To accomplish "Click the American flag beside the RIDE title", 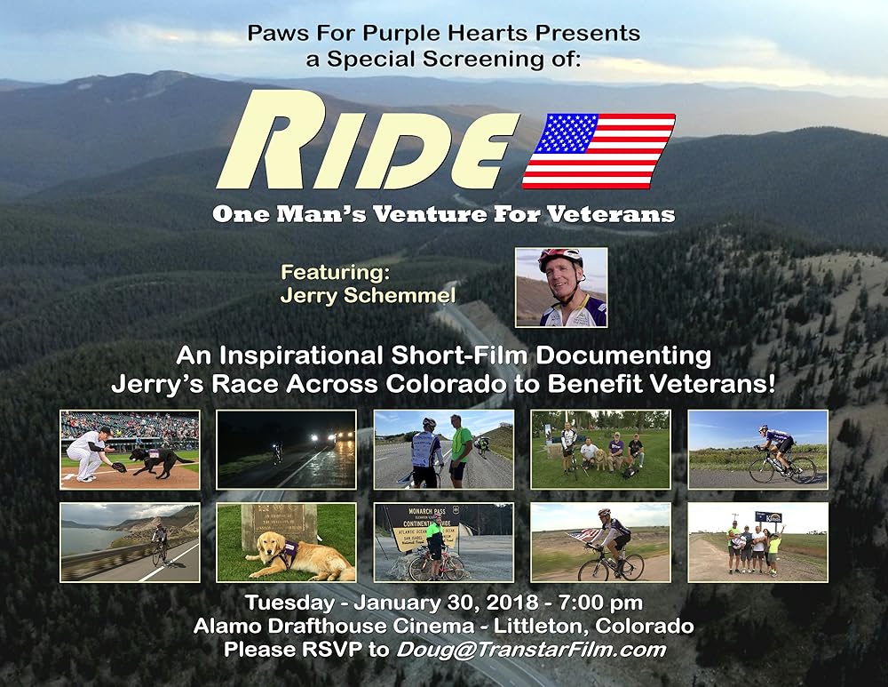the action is point(599,151).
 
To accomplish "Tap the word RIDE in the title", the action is point(369,140).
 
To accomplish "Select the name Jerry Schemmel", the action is point(369,295).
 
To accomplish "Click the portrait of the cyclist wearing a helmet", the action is point(561,287).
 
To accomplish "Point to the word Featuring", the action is point(336,272).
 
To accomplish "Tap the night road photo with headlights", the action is point(287,450).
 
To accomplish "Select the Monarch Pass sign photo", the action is point(444,542).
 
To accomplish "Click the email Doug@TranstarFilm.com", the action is point(531,649).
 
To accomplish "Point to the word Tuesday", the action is point(289,602).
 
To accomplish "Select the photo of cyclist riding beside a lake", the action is point(130,542).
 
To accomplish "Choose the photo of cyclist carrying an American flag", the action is point(600,542).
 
